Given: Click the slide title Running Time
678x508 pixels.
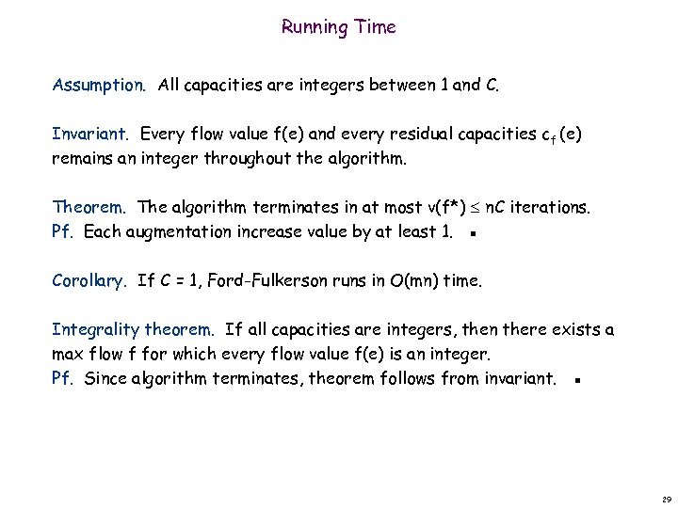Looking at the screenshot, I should (x=338, y=27).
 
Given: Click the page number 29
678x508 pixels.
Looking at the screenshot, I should (x=666, y=498).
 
